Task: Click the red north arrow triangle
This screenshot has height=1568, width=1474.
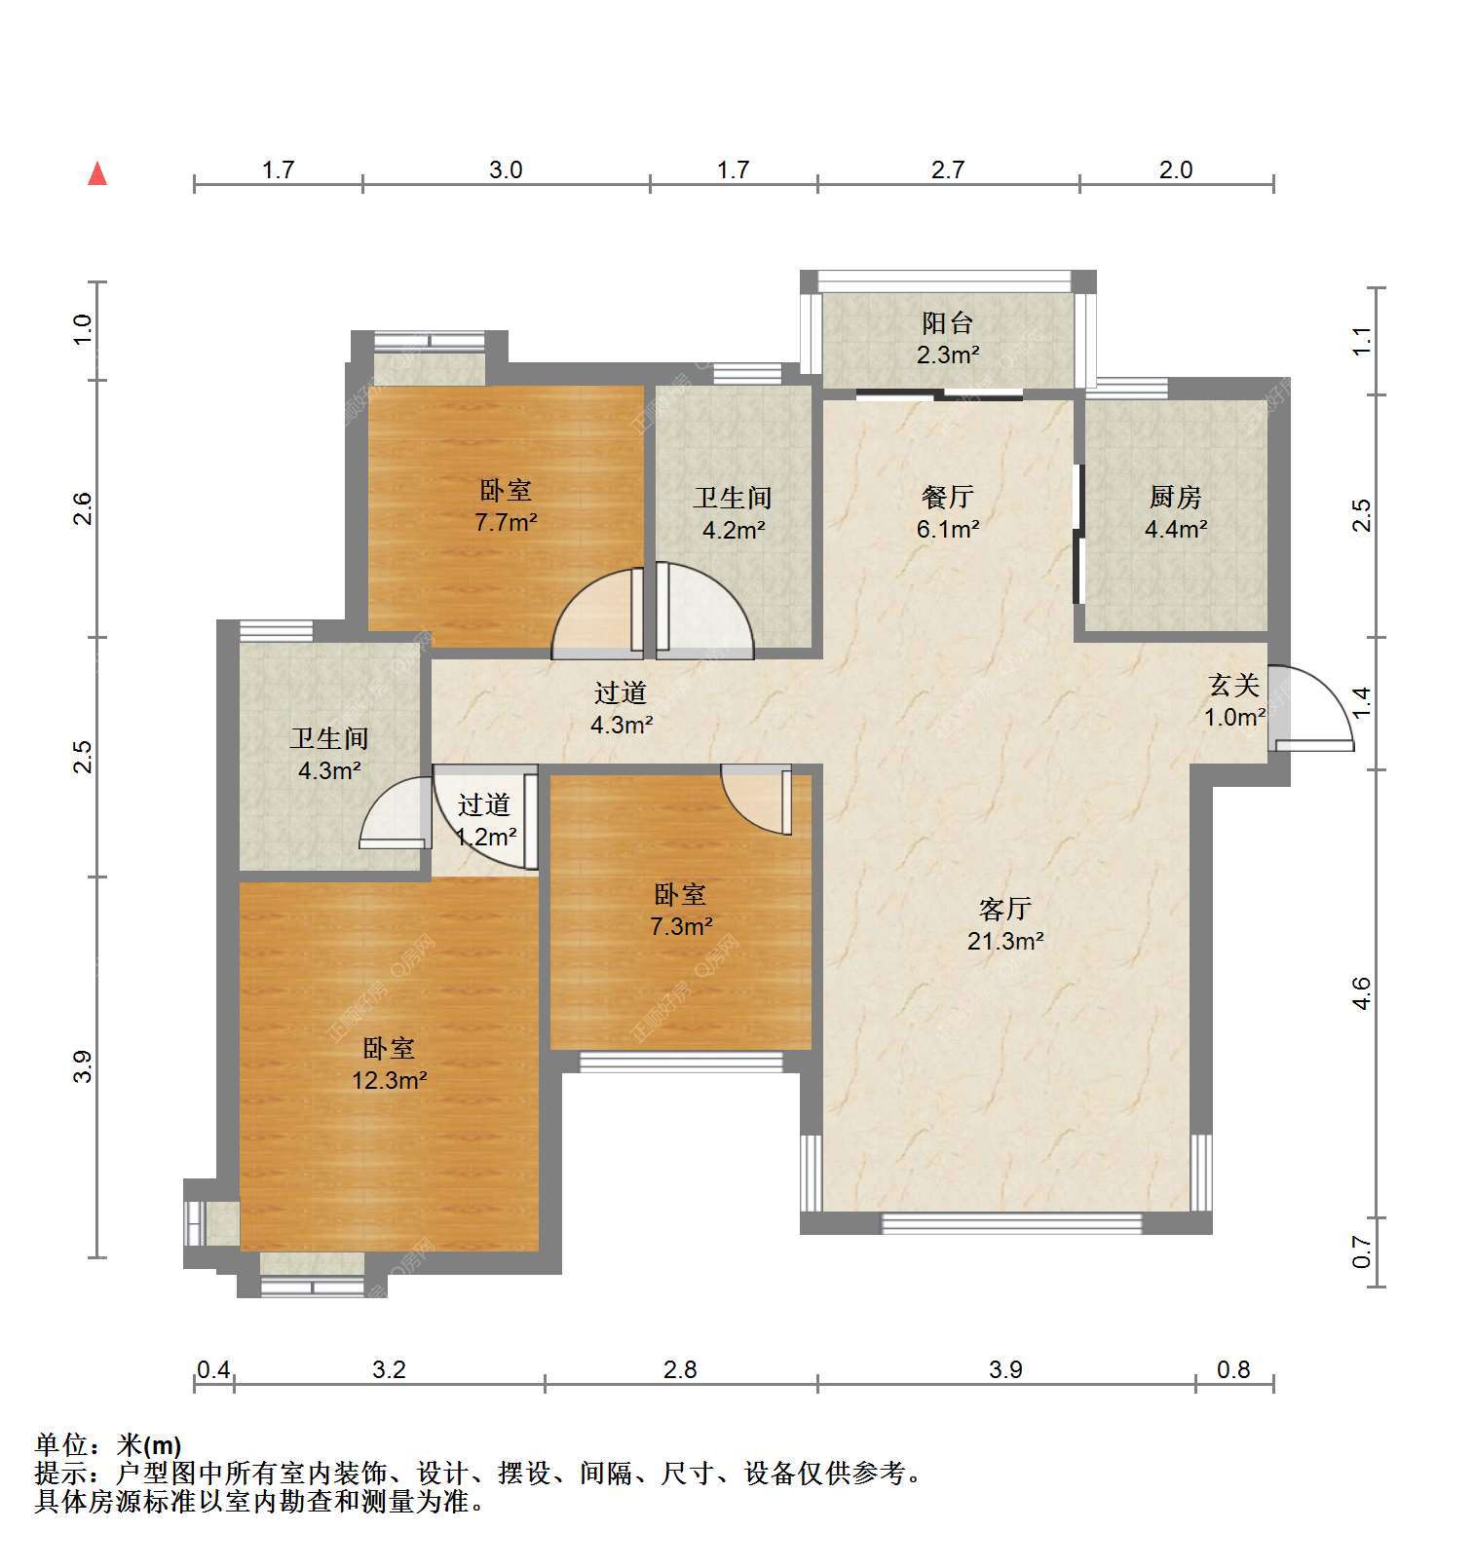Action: pos(97,174)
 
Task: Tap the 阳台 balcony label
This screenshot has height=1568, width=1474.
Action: pos(947,322)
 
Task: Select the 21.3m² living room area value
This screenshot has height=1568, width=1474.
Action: pos(1005,941)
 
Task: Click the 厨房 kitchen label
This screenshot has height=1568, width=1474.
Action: pos(1175,497)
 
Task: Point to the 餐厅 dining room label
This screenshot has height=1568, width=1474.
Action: pos(947,497)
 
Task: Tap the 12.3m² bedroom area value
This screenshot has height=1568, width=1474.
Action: pos(390,1079)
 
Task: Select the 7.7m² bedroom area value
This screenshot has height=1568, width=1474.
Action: pos(506,522)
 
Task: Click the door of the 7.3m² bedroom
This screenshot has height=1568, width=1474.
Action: pos(757,799)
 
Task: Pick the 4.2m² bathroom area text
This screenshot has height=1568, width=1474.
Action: pos(733,530)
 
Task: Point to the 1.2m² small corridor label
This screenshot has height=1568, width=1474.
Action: pos(486,837)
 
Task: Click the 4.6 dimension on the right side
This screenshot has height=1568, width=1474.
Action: pos(1361,993)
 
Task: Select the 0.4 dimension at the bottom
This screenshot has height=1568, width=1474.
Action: pos(213,1370)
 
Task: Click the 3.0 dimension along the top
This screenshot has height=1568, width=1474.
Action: pos(506,170)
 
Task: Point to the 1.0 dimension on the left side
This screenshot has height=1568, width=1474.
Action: pos(83,329)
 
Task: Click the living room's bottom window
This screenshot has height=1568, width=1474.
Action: pos(1010,1223)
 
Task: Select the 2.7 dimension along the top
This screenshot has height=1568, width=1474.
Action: pos(947,170)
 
